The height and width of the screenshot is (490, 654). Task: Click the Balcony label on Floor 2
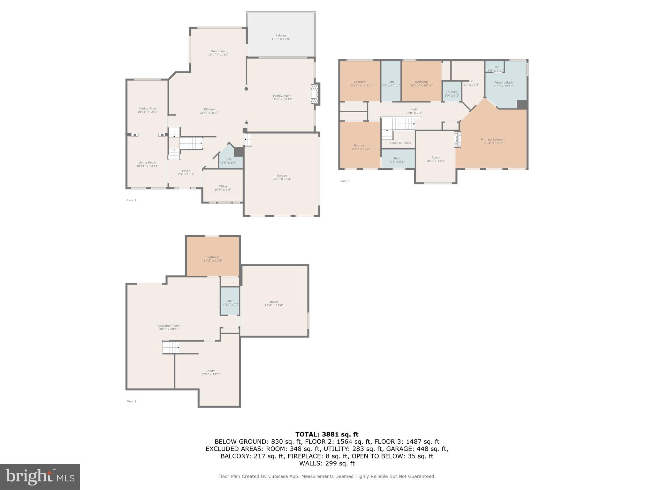281,37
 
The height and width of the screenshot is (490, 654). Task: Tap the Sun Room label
218,53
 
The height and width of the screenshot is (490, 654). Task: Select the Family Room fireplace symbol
315,93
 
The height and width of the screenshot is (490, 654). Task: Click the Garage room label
282,177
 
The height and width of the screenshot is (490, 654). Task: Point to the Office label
223,188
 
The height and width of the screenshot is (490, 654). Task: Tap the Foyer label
186,172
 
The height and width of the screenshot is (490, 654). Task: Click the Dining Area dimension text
147,112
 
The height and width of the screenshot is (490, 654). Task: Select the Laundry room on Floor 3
452,93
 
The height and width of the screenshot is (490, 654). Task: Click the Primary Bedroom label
493,141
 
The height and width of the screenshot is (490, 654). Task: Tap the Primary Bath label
503,84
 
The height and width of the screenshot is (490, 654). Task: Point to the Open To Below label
400,143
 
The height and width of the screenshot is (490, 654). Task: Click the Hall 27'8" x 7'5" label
414,111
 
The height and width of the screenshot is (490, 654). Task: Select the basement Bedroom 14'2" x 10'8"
213,259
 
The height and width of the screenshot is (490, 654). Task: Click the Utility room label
210,372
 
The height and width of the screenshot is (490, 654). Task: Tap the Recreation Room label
168,327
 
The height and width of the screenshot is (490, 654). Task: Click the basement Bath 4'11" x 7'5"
231,302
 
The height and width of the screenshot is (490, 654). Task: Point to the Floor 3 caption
344,181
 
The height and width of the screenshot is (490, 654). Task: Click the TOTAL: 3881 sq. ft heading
327,434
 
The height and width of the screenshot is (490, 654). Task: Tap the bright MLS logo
40,477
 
